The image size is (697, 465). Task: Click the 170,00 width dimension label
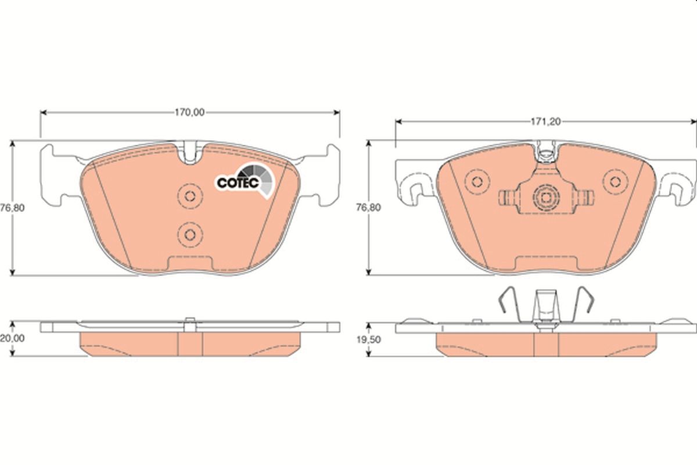point(191,113)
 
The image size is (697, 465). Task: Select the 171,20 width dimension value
point(544,122)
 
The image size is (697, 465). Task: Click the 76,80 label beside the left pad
point(11,208)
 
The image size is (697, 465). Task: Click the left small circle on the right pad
point(477,181)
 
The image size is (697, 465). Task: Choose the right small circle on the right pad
point(612,181)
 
